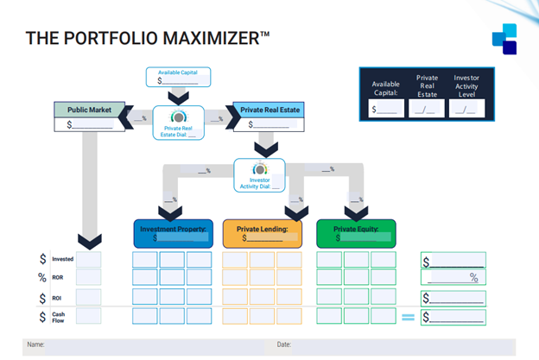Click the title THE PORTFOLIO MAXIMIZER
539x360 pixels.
click(x=148, y=38)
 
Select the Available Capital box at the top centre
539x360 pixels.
click(x=178, y=76)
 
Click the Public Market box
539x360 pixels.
click(x=90, y=117)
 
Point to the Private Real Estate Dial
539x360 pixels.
click(x=178, y=123)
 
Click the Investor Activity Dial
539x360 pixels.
click(x=260, y=175)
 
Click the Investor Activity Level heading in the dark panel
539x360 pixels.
click(x=466, y=87)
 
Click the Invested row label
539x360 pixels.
click(x=62, y=259)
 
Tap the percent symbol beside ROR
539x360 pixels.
click(x=42, y=278)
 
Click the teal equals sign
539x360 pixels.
click(x=408, y=317)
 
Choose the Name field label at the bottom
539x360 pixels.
click(x=35, y=344)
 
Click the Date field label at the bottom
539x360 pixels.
click(x=283, y=344)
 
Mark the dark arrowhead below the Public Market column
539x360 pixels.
click(x=89, y=241)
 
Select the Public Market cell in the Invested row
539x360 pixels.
click(x=89, y=259)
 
